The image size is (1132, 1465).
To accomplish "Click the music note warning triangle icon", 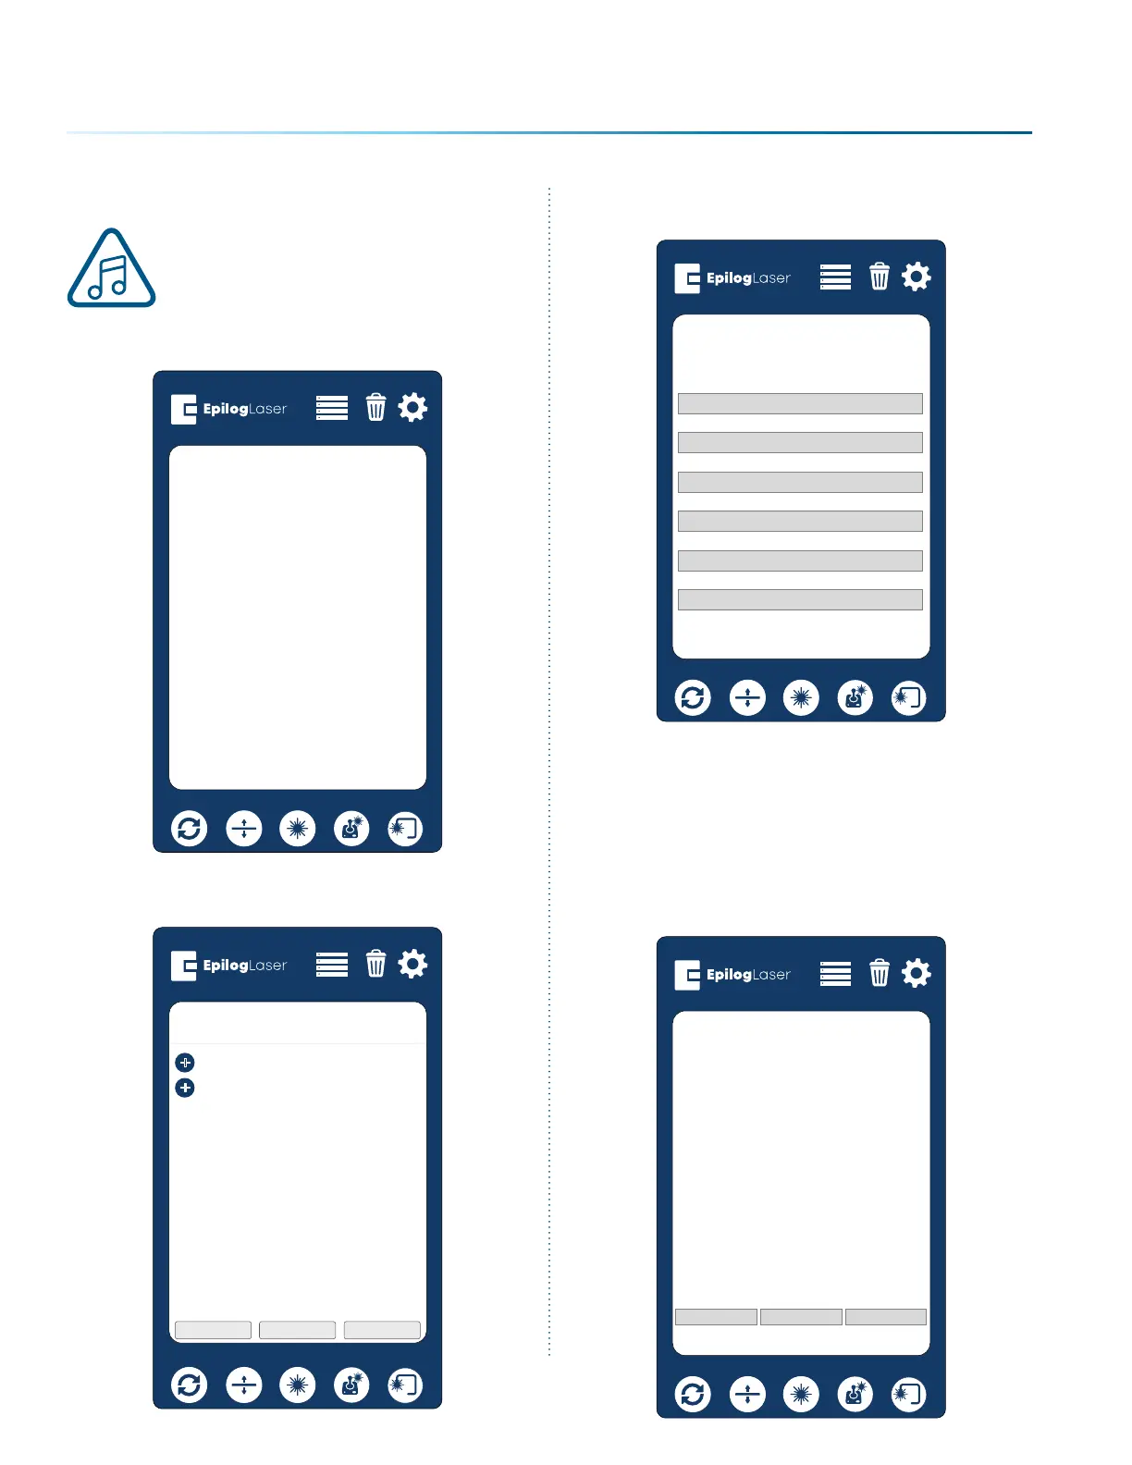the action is coord(111,270).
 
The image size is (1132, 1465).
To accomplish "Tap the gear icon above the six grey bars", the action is coord(916,277).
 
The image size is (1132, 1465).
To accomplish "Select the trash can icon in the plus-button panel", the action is coord(375,964).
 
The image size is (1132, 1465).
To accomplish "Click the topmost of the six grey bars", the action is coord(800,403).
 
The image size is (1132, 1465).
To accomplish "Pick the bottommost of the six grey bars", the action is coord(800,599).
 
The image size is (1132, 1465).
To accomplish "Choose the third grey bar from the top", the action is coord(800,482).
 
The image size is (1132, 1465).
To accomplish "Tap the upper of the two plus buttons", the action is coord(185,1063).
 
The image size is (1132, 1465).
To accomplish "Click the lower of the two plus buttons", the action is coord(185,1088).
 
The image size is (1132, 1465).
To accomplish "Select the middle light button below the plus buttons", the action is coord(297,1330).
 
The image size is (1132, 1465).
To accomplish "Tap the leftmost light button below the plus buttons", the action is coord(213,1330).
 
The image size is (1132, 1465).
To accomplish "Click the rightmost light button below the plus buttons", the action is coord(382,1330).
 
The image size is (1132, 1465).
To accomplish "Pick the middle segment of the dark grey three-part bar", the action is coord(801,1317).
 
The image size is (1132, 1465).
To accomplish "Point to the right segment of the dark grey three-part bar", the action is coord(885,1317).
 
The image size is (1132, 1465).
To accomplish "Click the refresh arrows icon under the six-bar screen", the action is coord(693,697).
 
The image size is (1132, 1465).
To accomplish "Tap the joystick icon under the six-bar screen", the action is coord(855,697).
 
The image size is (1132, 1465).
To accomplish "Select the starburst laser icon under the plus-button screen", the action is coord(298,1385).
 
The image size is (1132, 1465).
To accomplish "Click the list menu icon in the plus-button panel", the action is coord(332,964).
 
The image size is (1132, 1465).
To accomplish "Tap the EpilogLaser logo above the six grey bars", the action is coord(732,277).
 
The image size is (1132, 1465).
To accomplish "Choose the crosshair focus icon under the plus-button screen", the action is coord(244,1385).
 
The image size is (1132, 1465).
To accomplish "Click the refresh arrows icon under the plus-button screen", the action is coord(190,1385).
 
